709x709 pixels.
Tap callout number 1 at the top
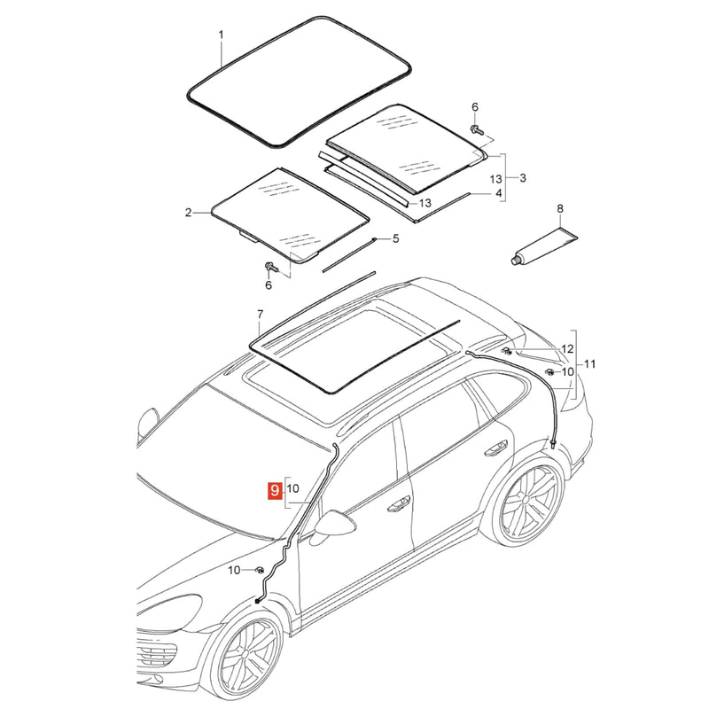221,35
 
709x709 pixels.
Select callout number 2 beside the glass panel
188,212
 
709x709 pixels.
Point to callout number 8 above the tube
560,208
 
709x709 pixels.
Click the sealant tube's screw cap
514,261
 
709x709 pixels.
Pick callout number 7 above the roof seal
260,314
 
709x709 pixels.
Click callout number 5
395,238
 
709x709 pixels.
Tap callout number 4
499,193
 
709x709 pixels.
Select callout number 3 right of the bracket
523,178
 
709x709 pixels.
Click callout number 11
589,364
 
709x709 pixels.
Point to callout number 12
567,349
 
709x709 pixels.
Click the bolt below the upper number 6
476,129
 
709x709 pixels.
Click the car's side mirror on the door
335,524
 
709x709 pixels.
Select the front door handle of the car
399,503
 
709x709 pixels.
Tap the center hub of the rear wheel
526,500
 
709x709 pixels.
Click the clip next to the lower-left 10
260,569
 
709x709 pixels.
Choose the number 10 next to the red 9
292,489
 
